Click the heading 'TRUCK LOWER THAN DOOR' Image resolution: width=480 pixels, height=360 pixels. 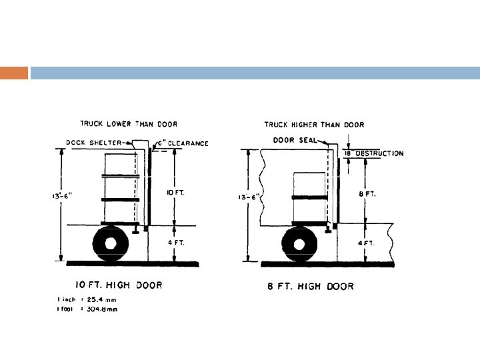pos(129,123)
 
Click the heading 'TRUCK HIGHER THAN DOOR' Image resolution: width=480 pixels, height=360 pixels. pos(314,124)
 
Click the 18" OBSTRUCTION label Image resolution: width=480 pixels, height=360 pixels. pos(374,153)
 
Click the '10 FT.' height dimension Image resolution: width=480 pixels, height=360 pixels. pos(172,192)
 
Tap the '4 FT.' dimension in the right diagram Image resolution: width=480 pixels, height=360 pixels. pos(366,243)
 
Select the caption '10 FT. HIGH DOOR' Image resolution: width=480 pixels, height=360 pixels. pos(118,285)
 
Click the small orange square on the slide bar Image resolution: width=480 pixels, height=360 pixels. pos(14,73)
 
